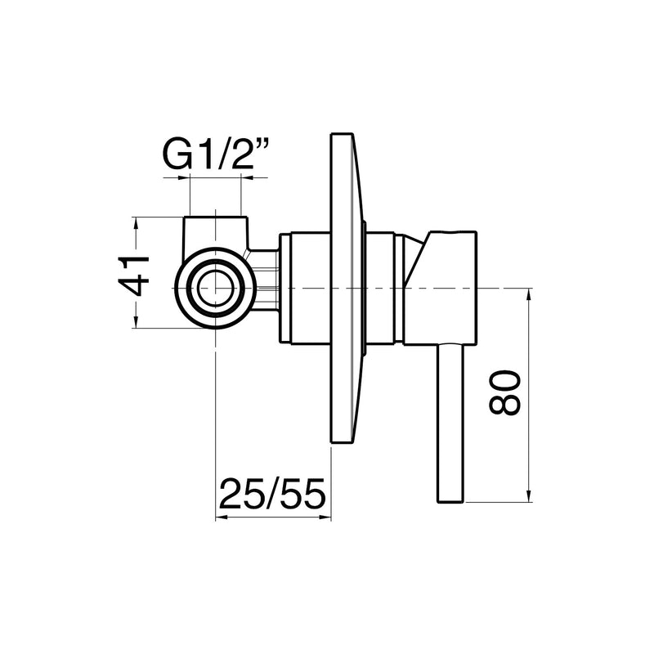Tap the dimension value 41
(x=134, y=275)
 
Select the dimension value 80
(x=505, y=393)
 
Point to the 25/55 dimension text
(x=272, y=494)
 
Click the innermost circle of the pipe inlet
(x=215, y=289)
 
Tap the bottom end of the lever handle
(x=450, y=502)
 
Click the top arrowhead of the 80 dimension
(x=529, y=295)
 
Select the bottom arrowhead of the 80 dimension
(x=529, y=495)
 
